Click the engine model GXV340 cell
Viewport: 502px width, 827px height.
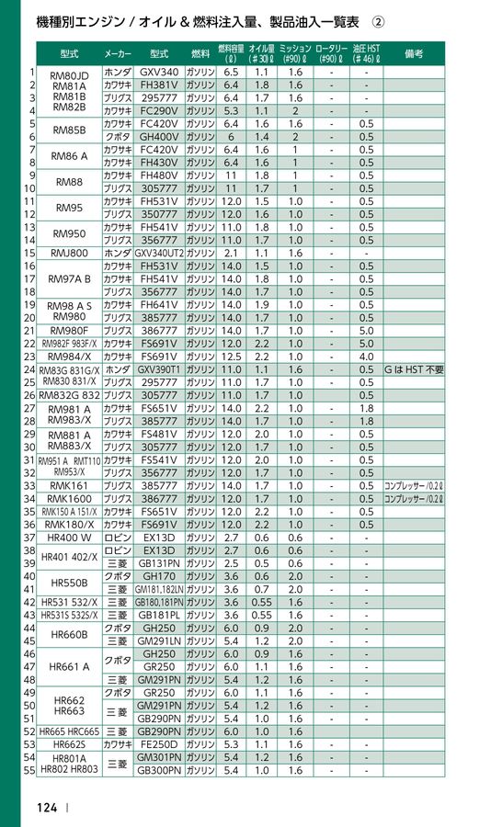pyautogui.click(x=159, y=72)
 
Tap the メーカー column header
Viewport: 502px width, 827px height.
pyautogui.click(x=117, y=54)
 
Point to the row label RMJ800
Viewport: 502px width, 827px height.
pyautogui.click(x=69, y=252)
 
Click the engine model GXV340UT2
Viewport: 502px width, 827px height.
pyautogui.click(x=159, y=252)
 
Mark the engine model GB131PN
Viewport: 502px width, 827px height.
pyautogui.click(x=159, y=562)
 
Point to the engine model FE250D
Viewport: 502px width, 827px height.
pyautogui.click(x=159, y=744)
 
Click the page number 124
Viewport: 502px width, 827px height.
pyautogui.click(x=47, y=808)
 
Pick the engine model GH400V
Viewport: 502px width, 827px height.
pyautogui.click(x=159, y=136)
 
